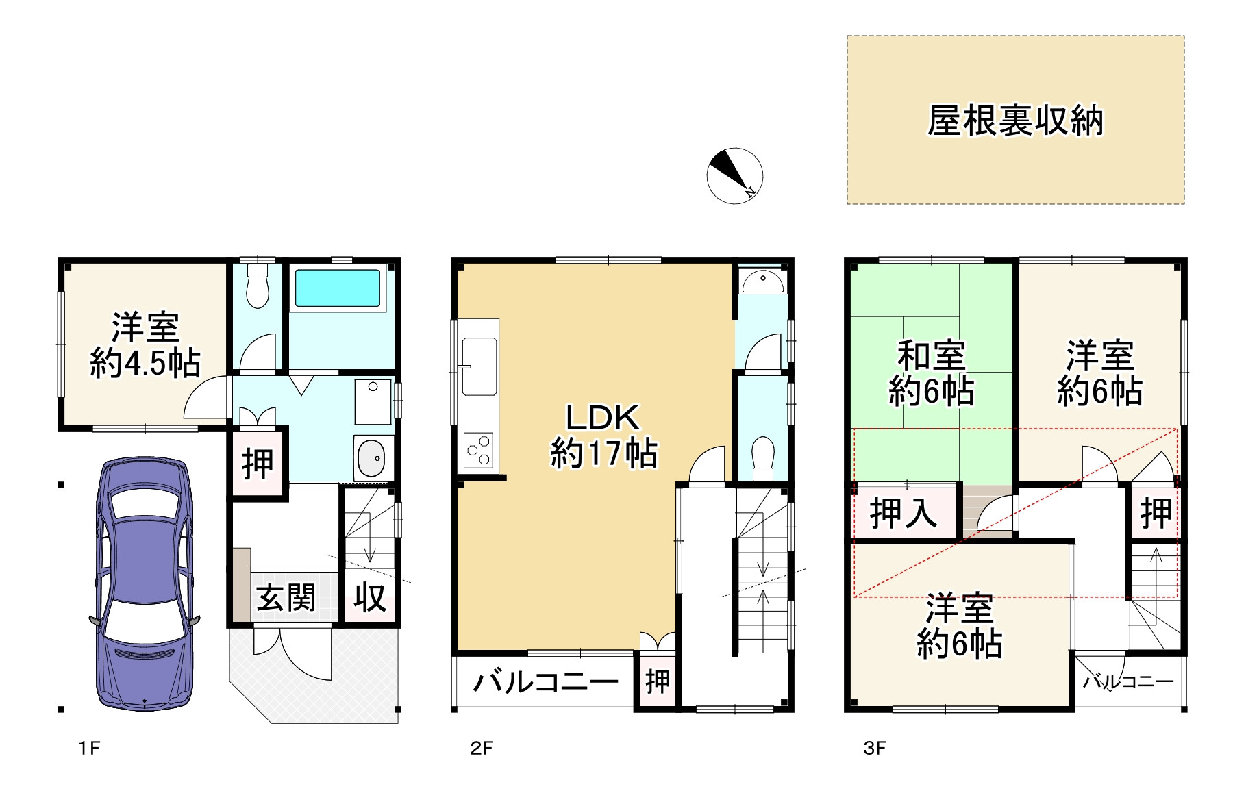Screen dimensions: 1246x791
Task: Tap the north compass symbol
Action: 734,175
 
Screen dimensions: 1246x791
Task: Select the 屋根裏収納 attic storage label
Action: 1015,121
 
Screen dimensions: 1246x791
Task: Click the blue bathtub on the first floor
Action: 338,288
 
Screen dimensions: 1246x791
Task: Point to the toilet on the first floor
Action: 257,285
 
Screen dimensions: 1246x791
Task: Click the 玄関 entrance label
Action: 286,598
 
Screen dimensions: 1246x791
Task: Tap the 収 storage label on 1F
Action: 370,597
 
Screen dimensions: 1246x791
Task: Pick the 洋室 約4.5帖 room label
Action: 145,345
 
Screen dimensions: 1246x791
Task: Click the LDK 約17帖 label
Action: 603,436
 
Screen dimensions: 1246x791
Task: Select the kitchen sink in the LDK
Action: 479,366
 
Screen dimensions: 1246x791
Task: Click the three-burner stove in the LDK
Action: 478,451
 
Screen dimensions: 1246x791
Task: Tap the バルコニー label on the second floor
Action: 545,682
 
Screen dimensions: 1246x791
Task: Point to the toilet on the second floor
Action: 762,458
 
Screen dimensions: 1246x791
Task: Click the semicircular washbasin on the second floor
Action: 763,281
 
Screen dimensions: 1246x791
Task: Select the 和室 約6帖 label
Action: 931,373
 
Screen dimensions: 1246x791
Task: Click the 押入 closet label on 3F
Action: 903,512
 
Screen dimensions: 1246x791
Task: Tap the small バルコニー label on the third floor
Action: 1128,681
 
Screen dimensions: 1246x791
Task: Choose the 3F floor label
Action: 875,748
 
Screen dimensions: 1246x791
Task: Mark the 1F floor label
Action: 89,748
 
